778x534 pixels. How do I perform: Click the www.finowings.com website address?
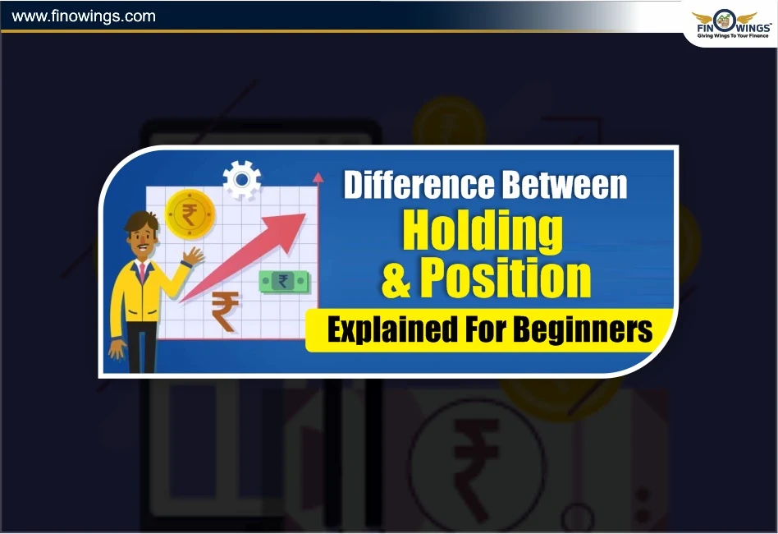coord(84,16)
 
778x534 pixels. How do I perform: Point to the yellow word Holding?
coord(483,231)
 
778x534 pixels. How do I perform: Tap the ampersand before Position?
coord(396,279)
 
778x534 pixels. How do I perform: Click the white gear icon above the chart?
coord(241,179)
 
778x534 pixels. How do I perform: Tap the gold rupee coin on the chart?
coord(190,214)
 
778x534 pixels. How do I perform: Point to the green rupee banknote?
coord(283,282)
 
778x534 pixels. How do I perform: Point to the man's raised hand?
coord(194,256)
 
